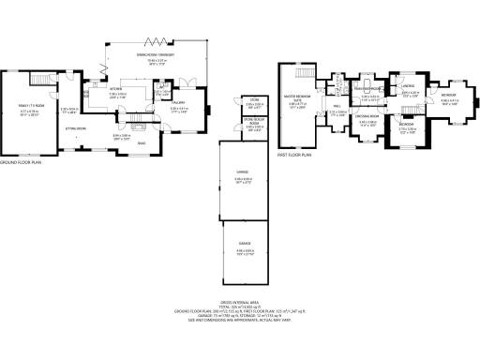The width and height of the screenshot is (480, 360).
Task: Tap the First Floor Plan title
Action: coord(292,156)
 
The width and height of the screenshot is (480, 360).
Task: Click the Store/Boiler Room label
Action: coord(253,120)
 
